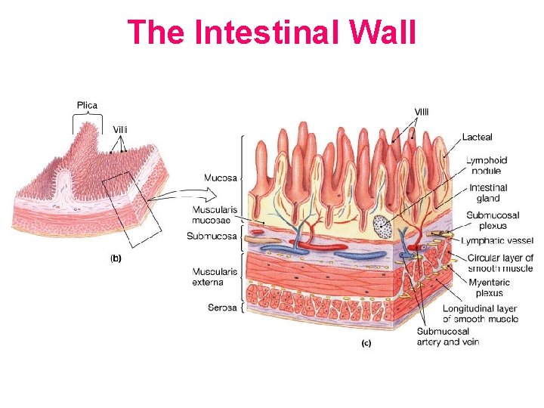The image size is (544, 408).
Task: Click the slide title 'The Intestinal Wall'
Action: click(x=272, y=32)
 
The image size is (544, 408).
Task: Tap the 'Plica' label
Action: click(x=87, y=104)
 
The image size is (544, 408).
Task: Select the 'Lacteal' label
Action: click(x=478, y=138)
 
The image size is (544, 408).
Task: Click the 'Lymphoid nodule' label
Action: click(x=486, y=165)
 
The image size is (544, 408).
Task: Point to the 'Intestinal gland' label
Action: click(x=488, y=193)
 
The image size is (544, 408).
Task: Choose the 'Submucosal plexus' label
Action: click(x=493, y=221)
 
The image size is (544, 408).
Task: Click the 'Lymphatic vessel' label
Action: click(x=497, y=241)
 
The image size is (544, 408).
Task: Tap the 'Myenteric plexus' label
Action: click(x=489, y=288)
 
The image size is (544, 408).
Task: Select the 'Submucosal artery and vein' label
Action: click(x=447, y=336)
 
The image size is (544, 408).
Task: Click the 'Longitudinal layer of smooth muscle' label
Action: click(x=480, y=314)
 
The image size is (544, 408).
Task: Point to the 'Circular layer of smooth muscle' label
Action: click(x=500, y=263)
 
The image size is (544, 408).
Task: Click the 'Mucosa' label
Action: click(x=221, y=178)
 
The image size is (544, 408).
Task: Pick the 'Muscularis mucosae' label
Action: click(x=215, y=214)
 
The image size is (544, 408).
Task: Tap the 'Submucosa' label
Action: click(x=212, y=236)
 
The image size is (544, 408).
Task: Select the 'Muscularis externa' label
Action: click(x=215, y=277)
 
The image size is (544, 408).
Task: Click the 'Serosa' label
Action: click(x=222, y=308)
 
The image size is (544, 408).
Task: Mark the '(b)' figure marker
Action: click(x=116, y=258)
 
